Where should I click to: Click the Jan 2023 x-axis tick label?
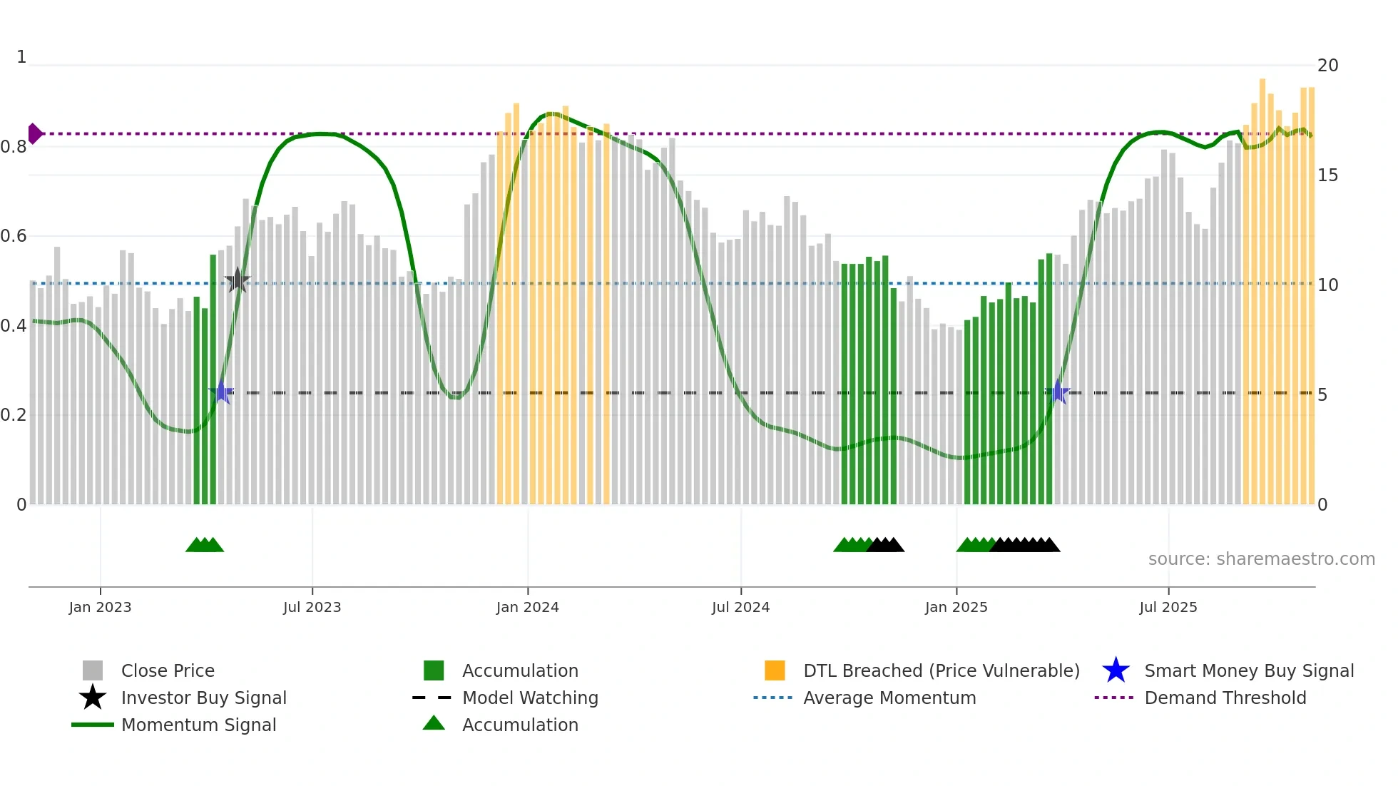pyautogui.click(x=100, y=607)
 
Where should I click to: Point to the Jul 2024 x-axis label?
pyautogui.click(x=740, y=607)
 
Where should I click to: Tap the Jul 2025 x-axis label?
pyautogui.click(x=1168, y=607)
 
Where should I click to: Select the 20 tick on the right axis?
pyautogui.click(x=1327, y=66)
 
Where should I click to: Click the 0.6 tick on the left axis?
pyautogui.click(x=14, y=236)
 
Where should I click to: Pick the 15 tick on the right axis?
pyautogui.click(x=1327, y=175)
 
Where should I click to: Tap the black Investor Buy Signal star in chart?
pyautogui.click(x=237, y=280)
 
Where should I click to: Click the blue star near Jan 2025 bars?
pyautogui.click(x=1058, y=392)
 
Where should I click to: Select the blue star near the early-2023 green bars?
pyautogui.click(x=222, y=392)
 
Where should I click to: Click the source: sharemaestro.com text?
pyautogui.click(x=1261, y=558)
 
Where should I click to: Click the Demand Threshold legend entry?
pyautogui.click(x=1225, y=698)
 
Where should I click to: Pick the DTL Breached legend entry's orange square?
pyautogui.click(x=775, y=670)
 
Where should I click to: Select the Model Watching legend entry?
pyautogui.click(x=529, y=698)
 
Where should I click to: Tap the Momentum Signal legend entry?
pyautogui.click(x=198, y=725)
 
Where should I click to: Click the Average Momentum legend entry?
pyautogui.click(x=889, y=698)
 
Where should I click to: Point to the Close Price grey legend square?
pyautogui.click(x=93, y=670)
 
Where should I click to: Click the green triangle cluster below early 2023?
pyautogui.click(x=205, y=545)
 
